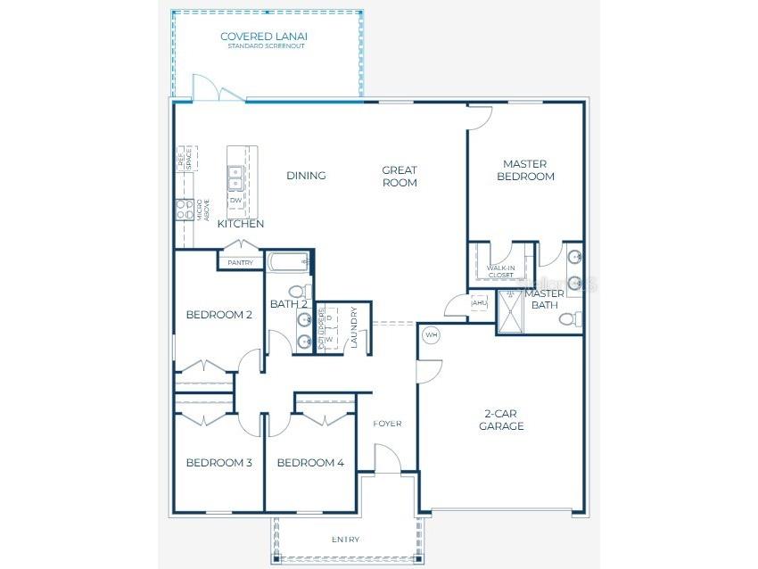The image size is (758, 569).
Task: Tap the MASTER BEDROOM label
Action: point(524,169)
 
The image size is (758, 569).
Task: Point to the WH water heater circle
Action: point(432,334)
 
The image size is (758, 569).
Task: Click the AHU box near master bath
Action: point(479,303)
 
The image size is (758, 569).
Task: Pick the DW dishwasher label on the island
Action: point(236,201)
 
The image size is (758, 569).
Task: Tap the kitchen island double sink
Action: point(236,178)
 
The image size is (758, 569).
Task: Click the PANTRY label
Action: point(240,263)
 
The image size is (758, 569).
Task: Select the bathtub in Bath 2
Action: point(288,262)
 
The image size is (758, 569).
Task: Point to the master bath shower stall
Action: point(514,312)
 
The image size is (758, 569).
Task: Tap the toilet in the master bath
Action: point(575,318)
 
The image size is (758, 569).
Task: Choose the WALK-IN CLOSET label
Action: point(500,271)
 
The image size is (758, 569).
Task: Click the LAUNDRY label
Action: point(354,327)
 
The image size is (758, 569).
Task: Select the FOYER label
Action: point(387,423)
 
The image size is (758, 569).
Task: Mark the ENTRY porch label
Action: point(346,540)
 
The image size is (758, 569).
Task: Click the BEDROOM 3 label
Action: point(218,462)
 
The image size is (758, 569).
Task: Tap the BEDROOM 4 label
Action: point(310,462)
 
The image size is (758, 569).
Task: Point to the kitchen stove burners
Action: point(185,210)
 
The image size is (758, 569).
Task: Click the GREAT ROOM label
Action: point(400,176)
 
